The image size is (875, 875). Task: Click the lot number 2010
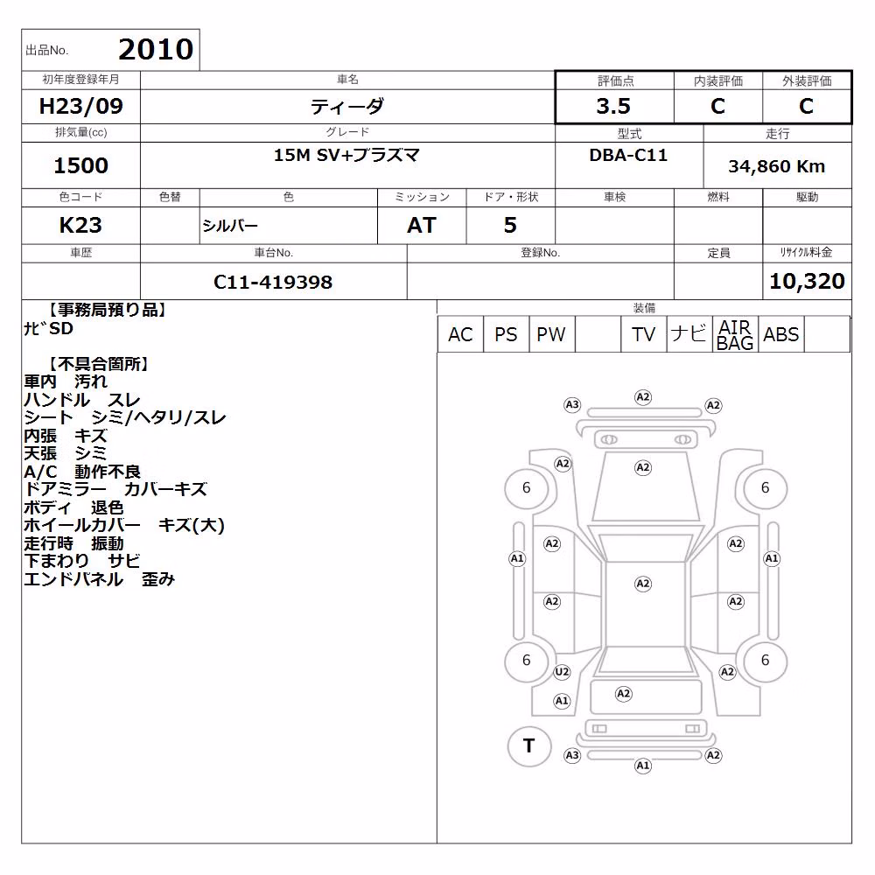pyautogui.click(x=156, y=49)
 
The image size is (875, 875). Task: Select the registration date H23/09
pyautogui.click(x=80, y=106)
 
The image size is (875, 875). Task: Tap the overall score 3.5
pyautogui.click(x=613, y=106)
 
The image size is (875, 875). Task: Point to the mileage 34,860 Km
pyautogui.click(x=776, y=166)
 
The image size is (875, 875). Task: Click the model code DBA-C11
pyautogui.click(x=628, y=155)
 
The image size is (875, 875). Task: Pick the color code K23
pyautogui.click(x=80, y=226)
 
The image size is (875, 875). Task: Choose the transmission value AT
pyautogui.click(x=422, y=226)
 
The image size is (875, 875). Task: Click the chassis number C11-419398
pyautogui.click(x=273, y=283)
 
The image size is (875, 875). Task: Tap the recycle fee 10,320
pyautogui.click(x=807, y=281)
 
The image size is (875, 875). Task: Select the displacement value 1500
pyautogui.click(x=80, y=165)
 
